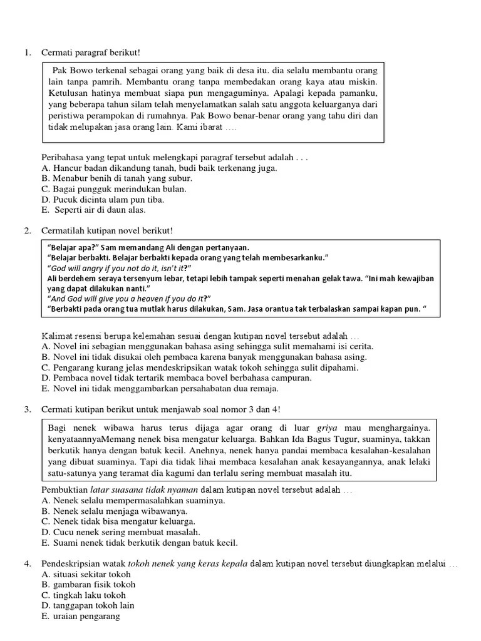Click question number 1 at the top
click(28, 52)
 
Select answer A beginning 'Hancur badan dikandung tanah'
click(160, 168)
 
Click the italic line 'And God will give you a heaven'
click(130, 298)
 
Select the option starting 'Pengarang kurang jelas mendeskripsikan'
click(200, 367)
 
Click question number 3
click(28, 409)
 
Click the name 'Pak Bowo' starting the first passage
click(71, 71)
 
